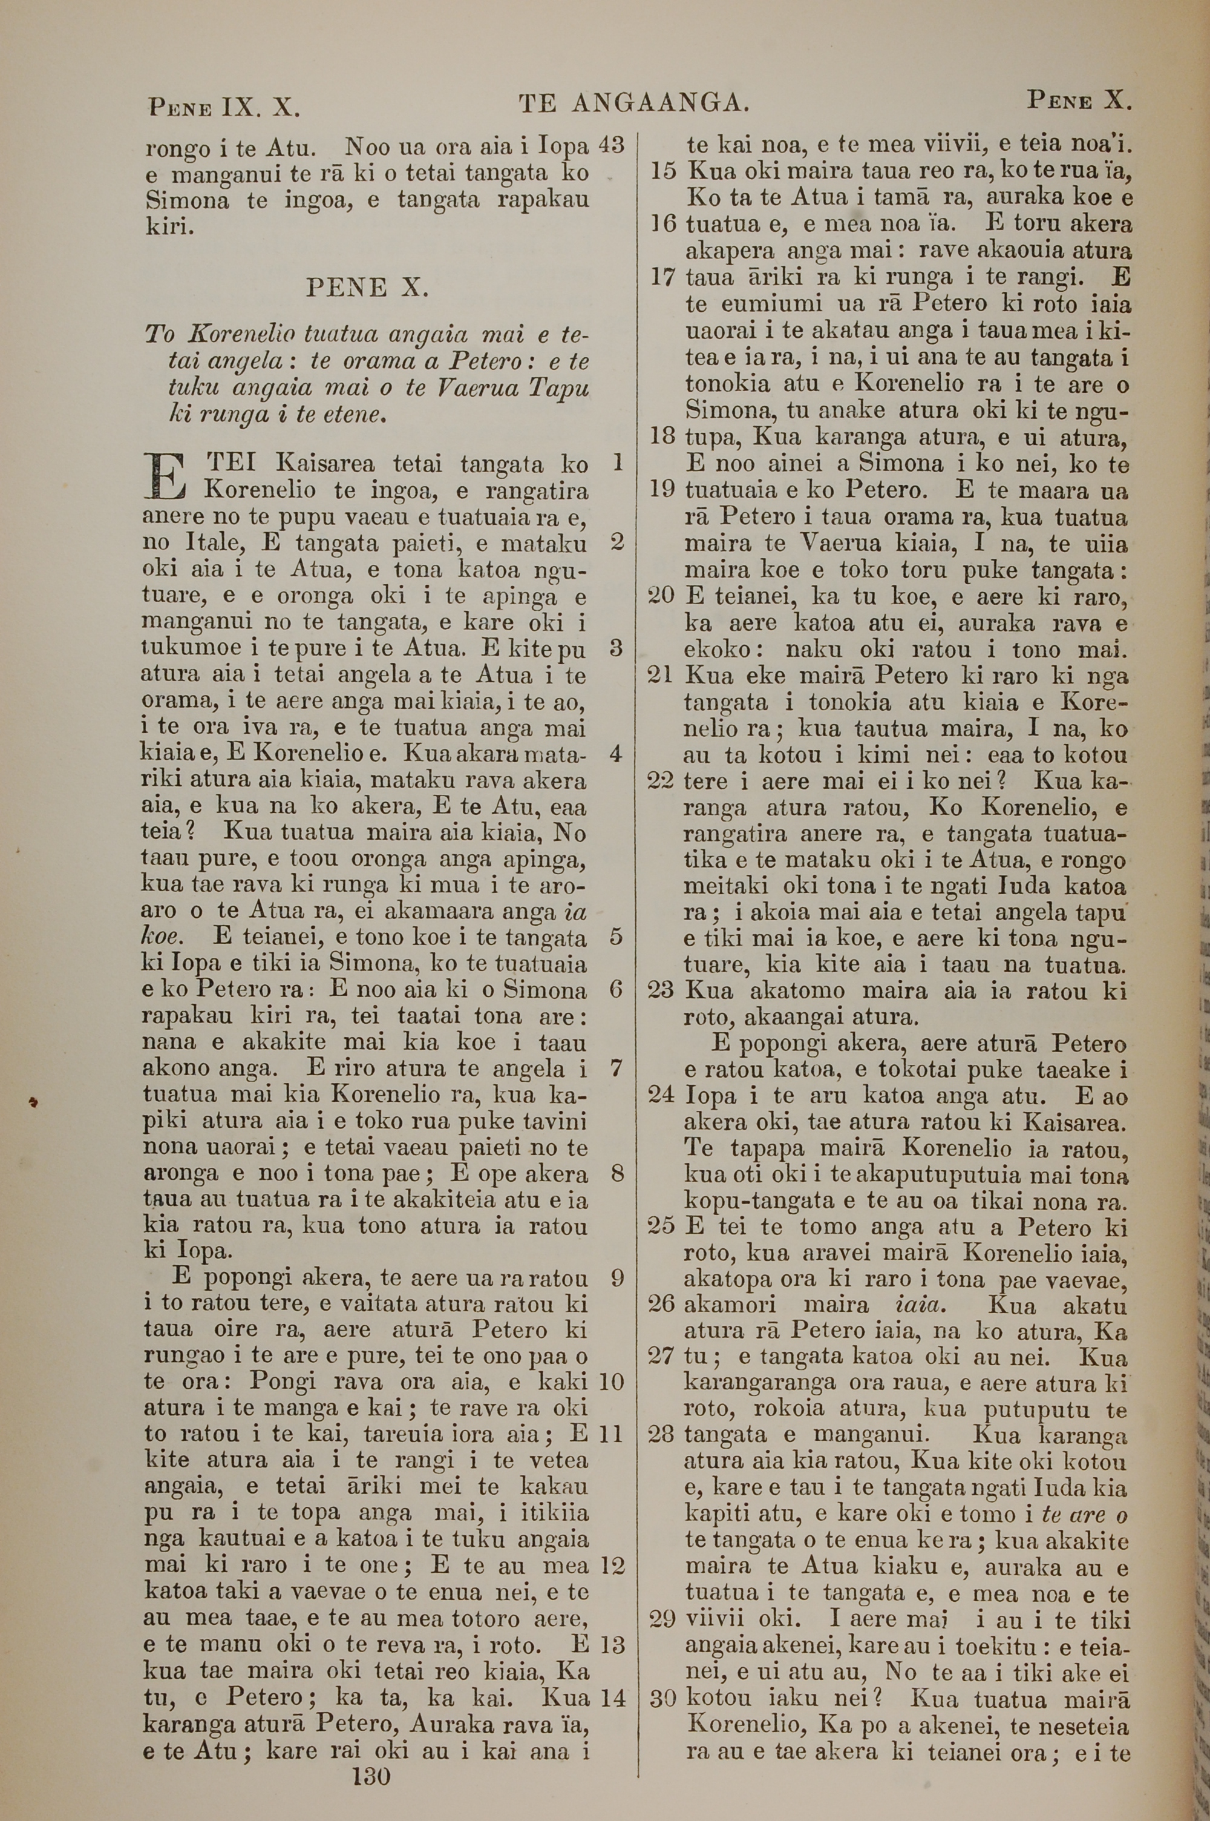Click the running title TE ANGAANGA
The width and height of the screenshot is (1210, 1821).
[x=633, y=104]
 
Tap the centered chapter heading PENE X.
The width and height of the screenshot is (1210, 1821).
[x=367, y=289]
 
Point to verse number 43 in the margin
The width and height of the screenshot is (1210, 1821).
[x=610, y=144]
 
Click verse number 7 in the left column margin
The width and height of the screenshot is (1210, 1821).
[x=616, y=1069]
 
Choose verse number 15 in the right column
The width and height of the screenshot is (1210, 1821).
[x=663, y=171]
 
